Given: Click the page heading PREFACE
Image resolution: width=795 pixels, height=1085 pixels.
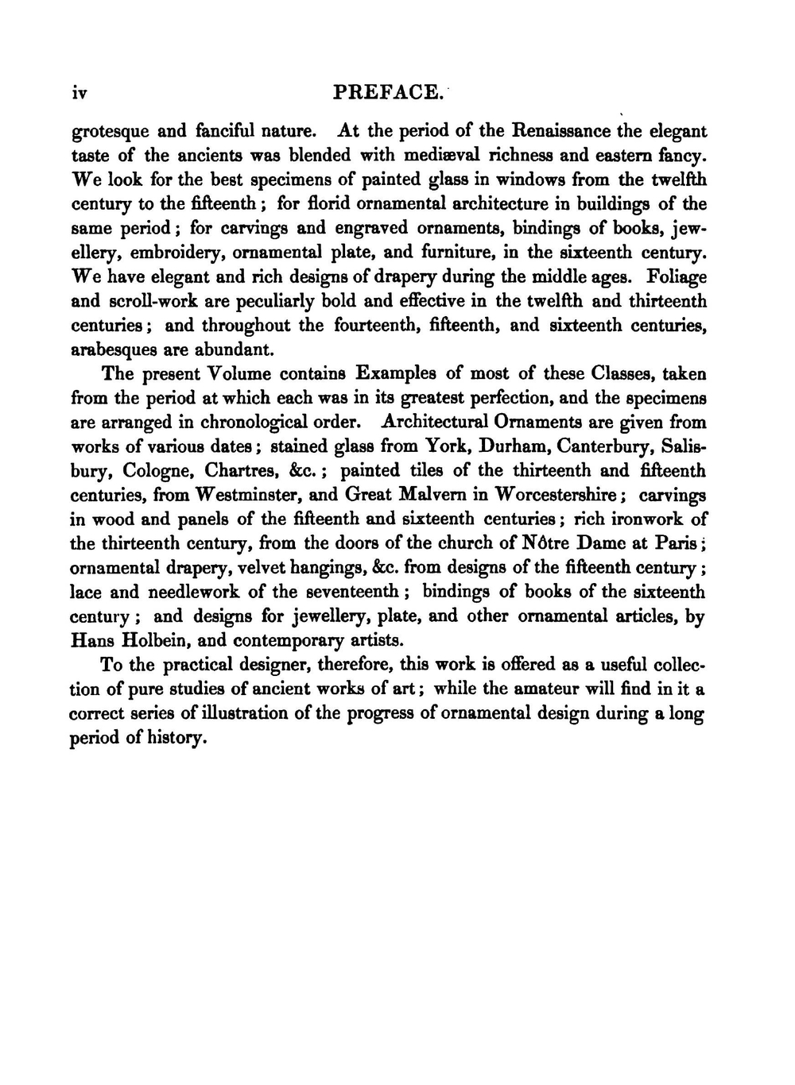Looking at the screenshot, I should pyautogui.click(x=387, y=93).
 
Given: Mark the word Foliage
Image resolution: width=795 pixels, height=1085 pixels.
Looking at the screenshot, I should pyautogui.click(x=677, y=277).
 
